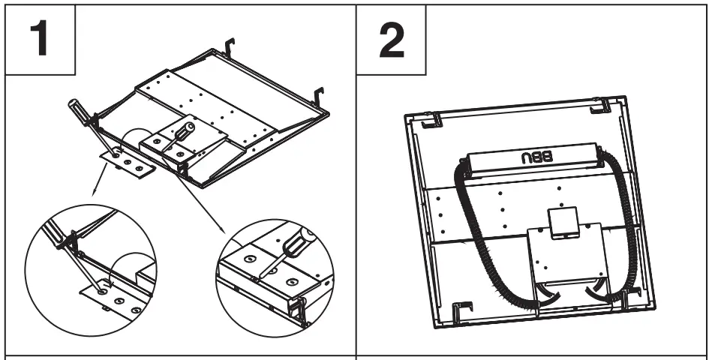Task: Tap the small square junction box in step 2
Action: point(559,221)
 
